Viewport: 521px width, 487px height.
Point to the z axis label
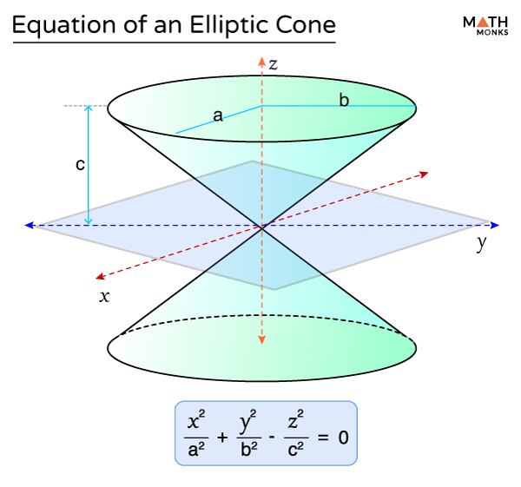(273, 63)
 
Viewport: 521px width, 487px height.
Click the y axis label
(481, 244)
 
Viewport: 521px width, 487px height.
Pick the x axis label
(104, 296)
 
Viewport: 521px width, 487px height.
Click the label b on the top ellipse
(344, 100)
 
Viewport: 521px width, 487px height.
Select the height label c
(80, 166)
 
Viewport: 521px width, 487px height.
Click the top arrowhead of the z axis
(261, 61)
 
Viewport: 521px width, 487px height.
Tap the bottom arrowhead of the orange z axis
(261, 340)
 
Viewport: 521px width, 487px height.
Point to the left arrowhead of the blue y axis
(30, 226)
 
